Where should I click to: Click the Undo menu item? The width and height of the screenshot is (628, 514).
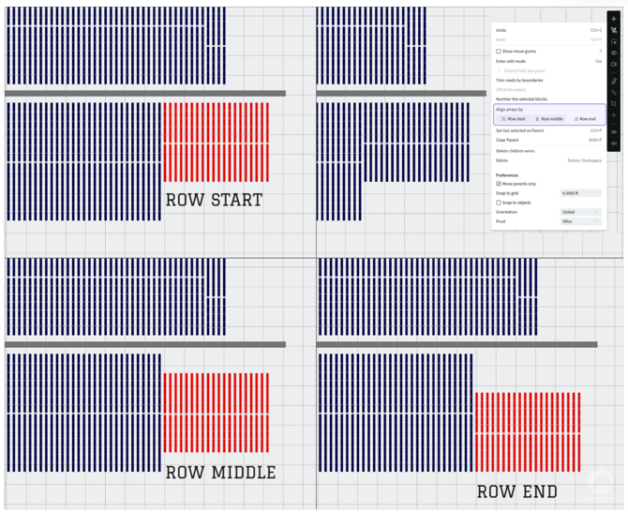pos(502,30)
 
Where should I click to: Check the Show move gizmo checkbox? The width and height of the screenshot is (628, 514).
pos(499,52)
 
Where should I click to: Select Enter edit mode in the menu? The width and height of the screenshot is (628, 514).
pos(511,61)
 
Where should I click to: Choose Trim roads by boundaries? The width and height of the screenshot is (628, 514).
pos(519,81)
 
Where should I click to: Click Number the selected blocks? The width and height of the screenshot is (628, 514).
pos(521,98)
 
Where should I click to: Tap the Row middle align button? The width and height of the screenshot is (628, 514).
pos(549,119)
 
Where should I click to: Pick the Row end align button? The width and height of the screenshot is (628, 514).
pos(585,119)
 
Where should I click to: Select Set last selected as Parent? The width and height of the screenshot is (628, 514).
pos(520,130)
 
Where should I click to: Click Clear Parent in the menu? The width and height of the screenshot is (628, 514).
pos(509,140)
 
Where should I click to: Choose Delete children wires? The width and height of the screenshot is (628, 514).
pos(516,150)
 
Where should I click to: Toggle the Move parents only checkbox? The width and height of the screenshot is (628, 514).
pos(499,184)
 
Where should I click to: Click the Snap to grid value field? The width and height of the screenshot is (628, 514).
pos(580,193)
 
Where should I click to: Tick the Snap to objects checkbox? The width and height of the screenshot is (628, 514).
pos(499,203)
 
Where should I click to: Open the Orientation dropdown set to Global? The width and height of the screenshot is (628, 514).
pos(580,212)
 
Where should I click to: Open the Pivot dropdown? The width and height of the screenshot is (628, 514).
pos(580,221)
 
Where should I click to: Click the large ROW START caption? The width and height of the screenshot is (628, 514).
pos(214,200)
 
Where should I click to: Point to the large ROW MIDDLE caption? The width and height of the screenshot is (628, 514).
pos(220,473)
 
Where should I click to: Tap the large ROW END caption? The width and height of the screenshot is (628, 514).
pos(516,491)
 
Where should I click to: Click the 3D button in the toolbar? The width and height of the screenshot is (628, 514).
pos(614,132)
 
